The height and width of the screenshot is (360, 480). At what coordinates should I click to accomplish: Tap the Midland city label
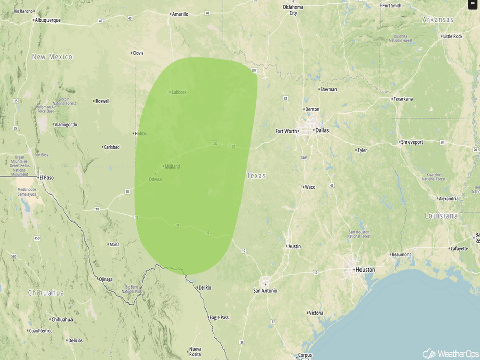tap(172, 166)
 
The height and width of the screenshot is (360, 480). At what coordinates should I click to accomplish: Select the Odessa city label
tap(155, 179)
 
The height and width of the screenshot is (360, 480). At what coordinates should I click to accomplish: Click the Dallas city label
tap(322, 130)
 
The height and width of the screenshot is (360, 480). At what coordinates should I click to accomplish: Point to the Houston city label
tap(365, 270)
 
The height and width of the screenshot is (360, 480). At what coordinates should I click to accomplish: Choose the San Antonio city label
tap(266, 290)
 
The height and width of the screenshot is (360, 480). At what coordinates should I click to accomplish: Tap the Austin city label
tap(294, 246)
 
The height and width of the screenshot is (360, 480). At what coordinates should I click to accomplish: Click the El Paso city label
tap(46, 178)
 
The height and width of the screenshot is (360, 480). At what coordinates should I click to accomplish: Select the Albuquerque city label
tap(47, 20)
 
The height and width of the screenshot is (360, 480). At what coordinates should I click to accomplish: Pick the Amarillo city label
tap(180, 14)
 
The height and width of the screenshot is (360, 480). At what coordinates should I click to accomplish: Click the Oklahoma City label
tap(293, 10)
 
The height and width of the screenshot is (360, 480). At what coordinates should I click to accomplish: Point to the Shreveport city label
tap(412, 142)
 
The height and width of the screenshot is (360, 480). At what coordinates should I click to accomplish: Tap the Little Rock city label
tap(452, 36)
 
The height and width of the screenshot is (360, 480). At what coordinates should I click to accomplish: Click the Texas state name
tap(256, 176)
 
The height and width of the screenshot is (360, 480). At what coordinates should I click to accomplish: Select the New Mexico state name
tap(52, 57)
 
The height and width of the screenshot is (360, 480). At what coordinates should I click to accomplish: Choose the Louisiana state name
tap(441, 216)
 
